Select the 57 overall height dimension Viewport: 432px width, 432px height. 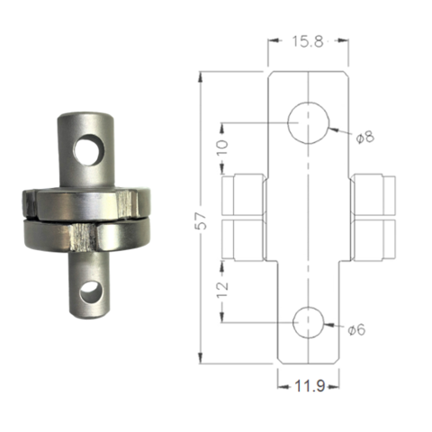click(x=202, y=220)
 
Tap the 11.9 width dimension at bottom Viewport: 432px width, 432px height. click(x=309, y=386)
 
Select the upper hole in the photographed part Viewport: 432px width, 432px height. click(x=88, y=150)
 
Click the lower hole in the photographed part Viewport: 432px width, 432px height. click(x=89, y=291)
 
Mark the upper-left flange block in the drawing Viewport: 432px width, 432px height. click(x=243, y=194)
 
